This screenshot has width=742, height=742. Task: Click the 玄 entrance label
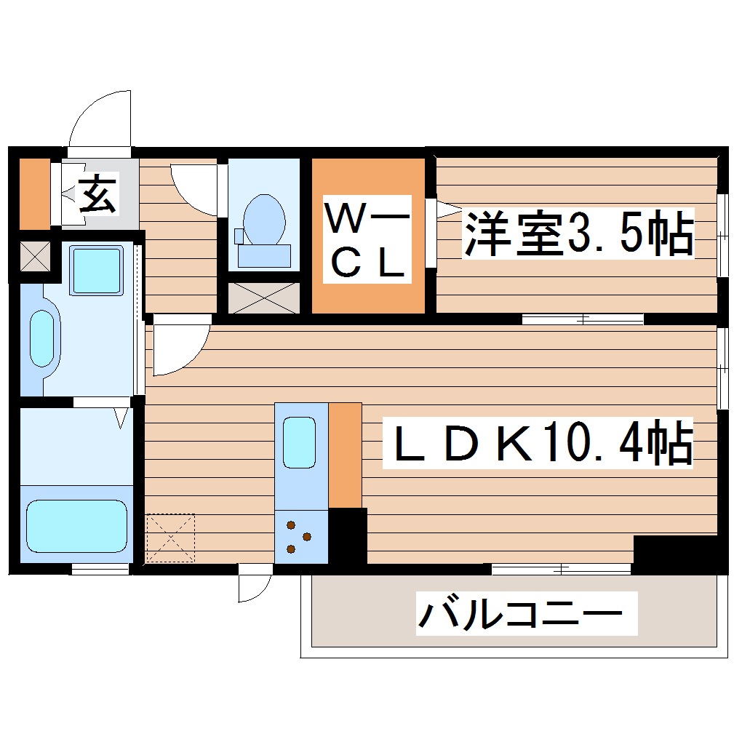(x=97, y=194)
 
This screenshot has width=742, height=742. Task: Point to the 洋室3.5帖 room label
(x=578, y=233)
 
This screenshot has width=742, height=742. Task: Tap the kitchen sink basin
(x=299, y=442)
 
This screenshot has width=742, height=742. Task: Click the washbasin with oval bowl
(x=42, y=339)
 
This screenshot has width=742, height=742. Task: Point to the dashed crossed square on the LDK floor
(x=170, y=538)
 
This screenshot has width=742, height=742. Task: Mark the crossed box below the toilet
(x=263, y=298)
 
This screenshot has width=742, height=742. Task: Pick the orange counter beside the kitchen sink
(x=346, y=455)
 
